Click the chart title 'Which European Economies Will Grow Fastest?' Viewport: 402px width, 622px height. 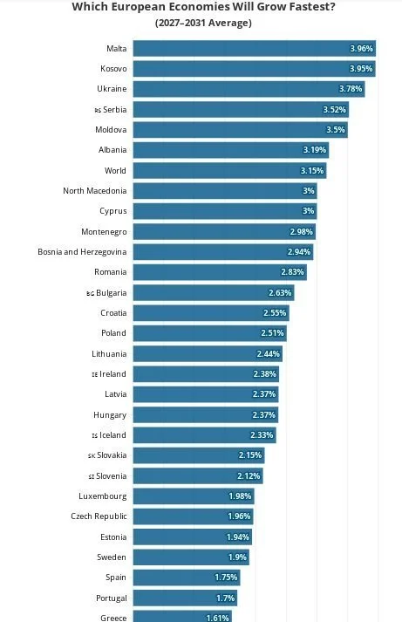(x=203, y=6)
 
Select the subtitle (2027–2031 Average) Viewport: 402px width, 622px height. (x=203, y=23)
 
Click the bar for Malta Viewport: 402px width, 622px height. (x=254, y=48)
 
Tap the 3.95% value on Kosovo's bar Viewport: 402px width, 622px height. (x=361, y=69)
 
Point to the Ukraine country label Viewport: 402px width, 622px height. (x=112, y=89)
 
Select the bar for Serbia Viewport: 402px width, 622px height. (x=241, y=110)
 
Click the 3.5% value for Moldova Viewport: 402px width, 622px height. (x=336, y=130)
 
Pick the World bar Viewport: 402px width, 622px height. (x=230, y=171)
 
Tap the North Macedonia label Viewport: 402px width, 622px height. (x=95, y=191)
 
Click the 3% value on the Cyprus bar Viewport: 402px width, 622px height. (x=309, y=211)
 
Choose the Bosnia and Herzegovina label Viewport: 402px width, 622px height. (x=82, y=252)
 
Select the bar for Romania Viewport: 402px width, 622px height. (x=220, y=272)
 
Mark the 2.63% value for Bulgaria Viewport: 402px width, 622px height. (x=280, y=293)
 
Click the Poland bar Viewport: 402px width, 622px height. (x=210, y=333)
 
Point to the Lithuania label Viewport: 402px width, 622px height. (x=109, y=354)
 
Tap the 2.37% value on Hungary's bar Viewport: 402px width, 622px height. (x=263, y=415)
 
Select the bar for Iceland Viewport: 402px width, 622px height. (x=205, y=435)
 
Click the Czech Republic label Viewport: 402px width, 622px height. (x=99, y=516)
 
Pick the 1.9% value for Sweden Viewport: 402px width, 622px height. (x=237, y=557)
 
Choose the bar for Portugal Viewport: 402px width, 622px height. (x=185, y=598)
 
